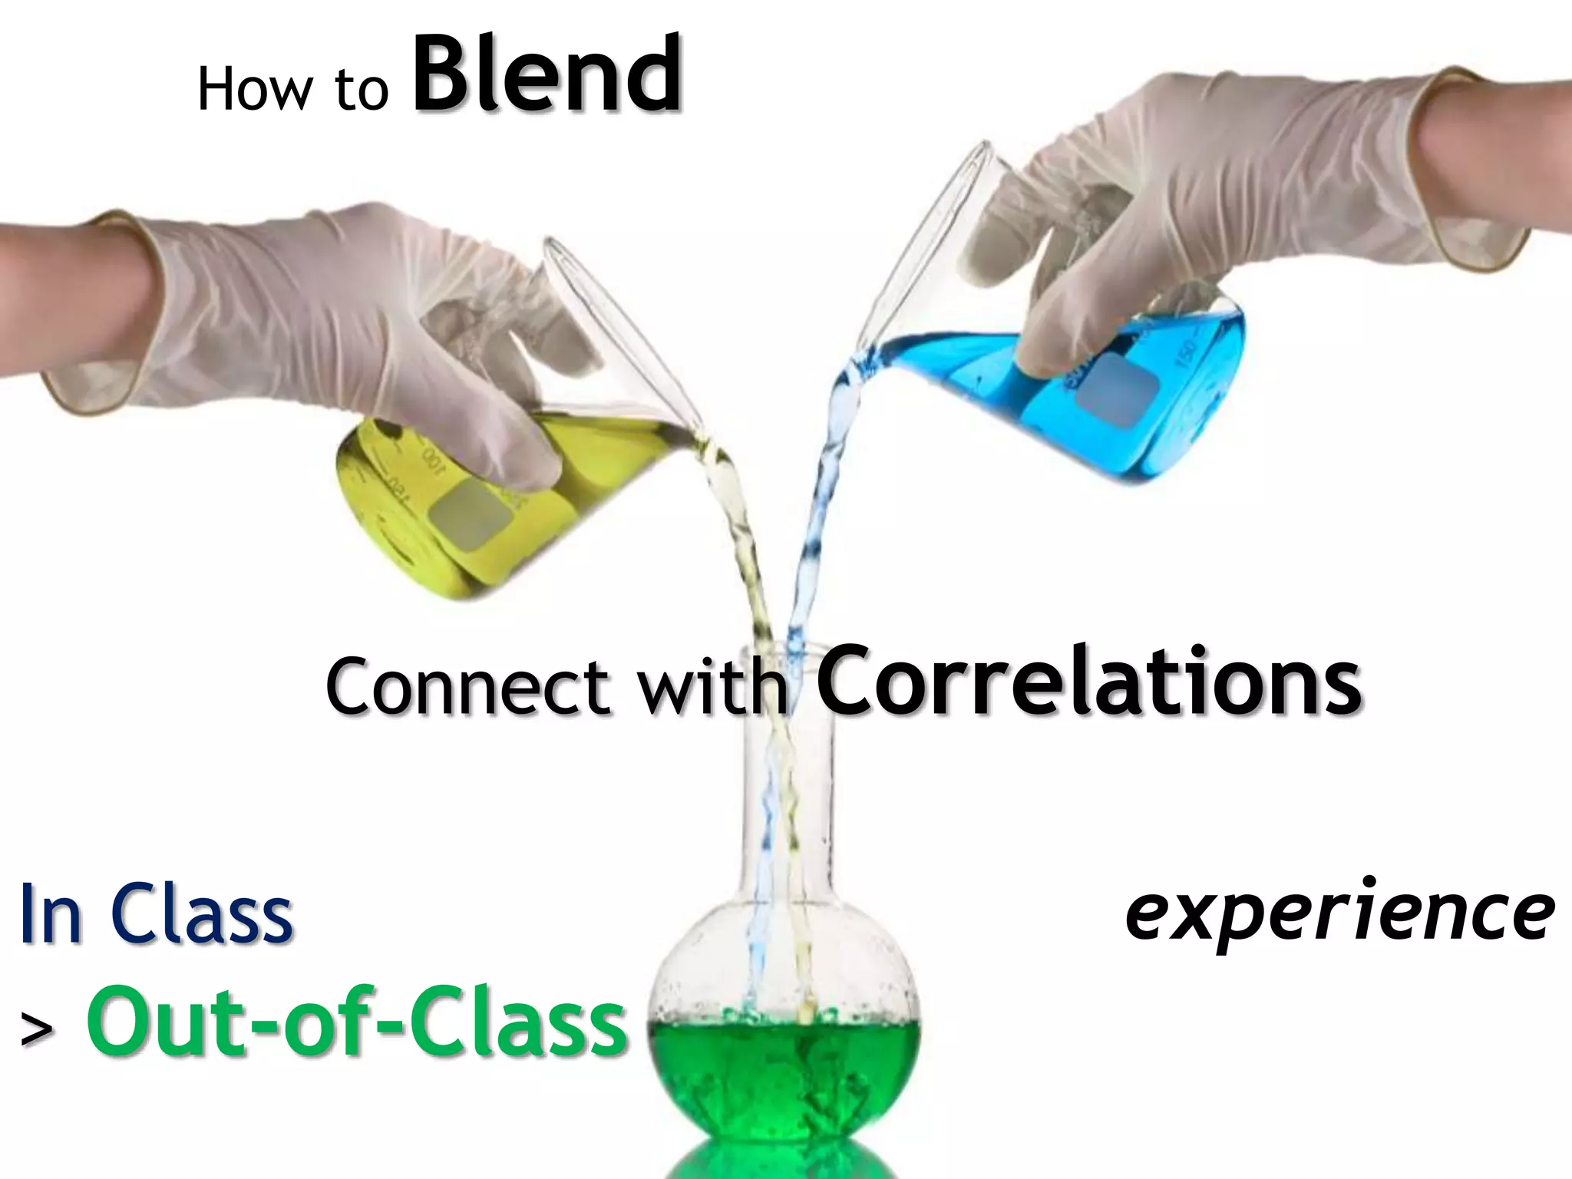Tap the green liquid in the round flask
(x=783, y=1075)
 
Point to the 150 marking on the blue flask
(x=1187, y=355)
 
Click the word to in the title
(x=361, y=92)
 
